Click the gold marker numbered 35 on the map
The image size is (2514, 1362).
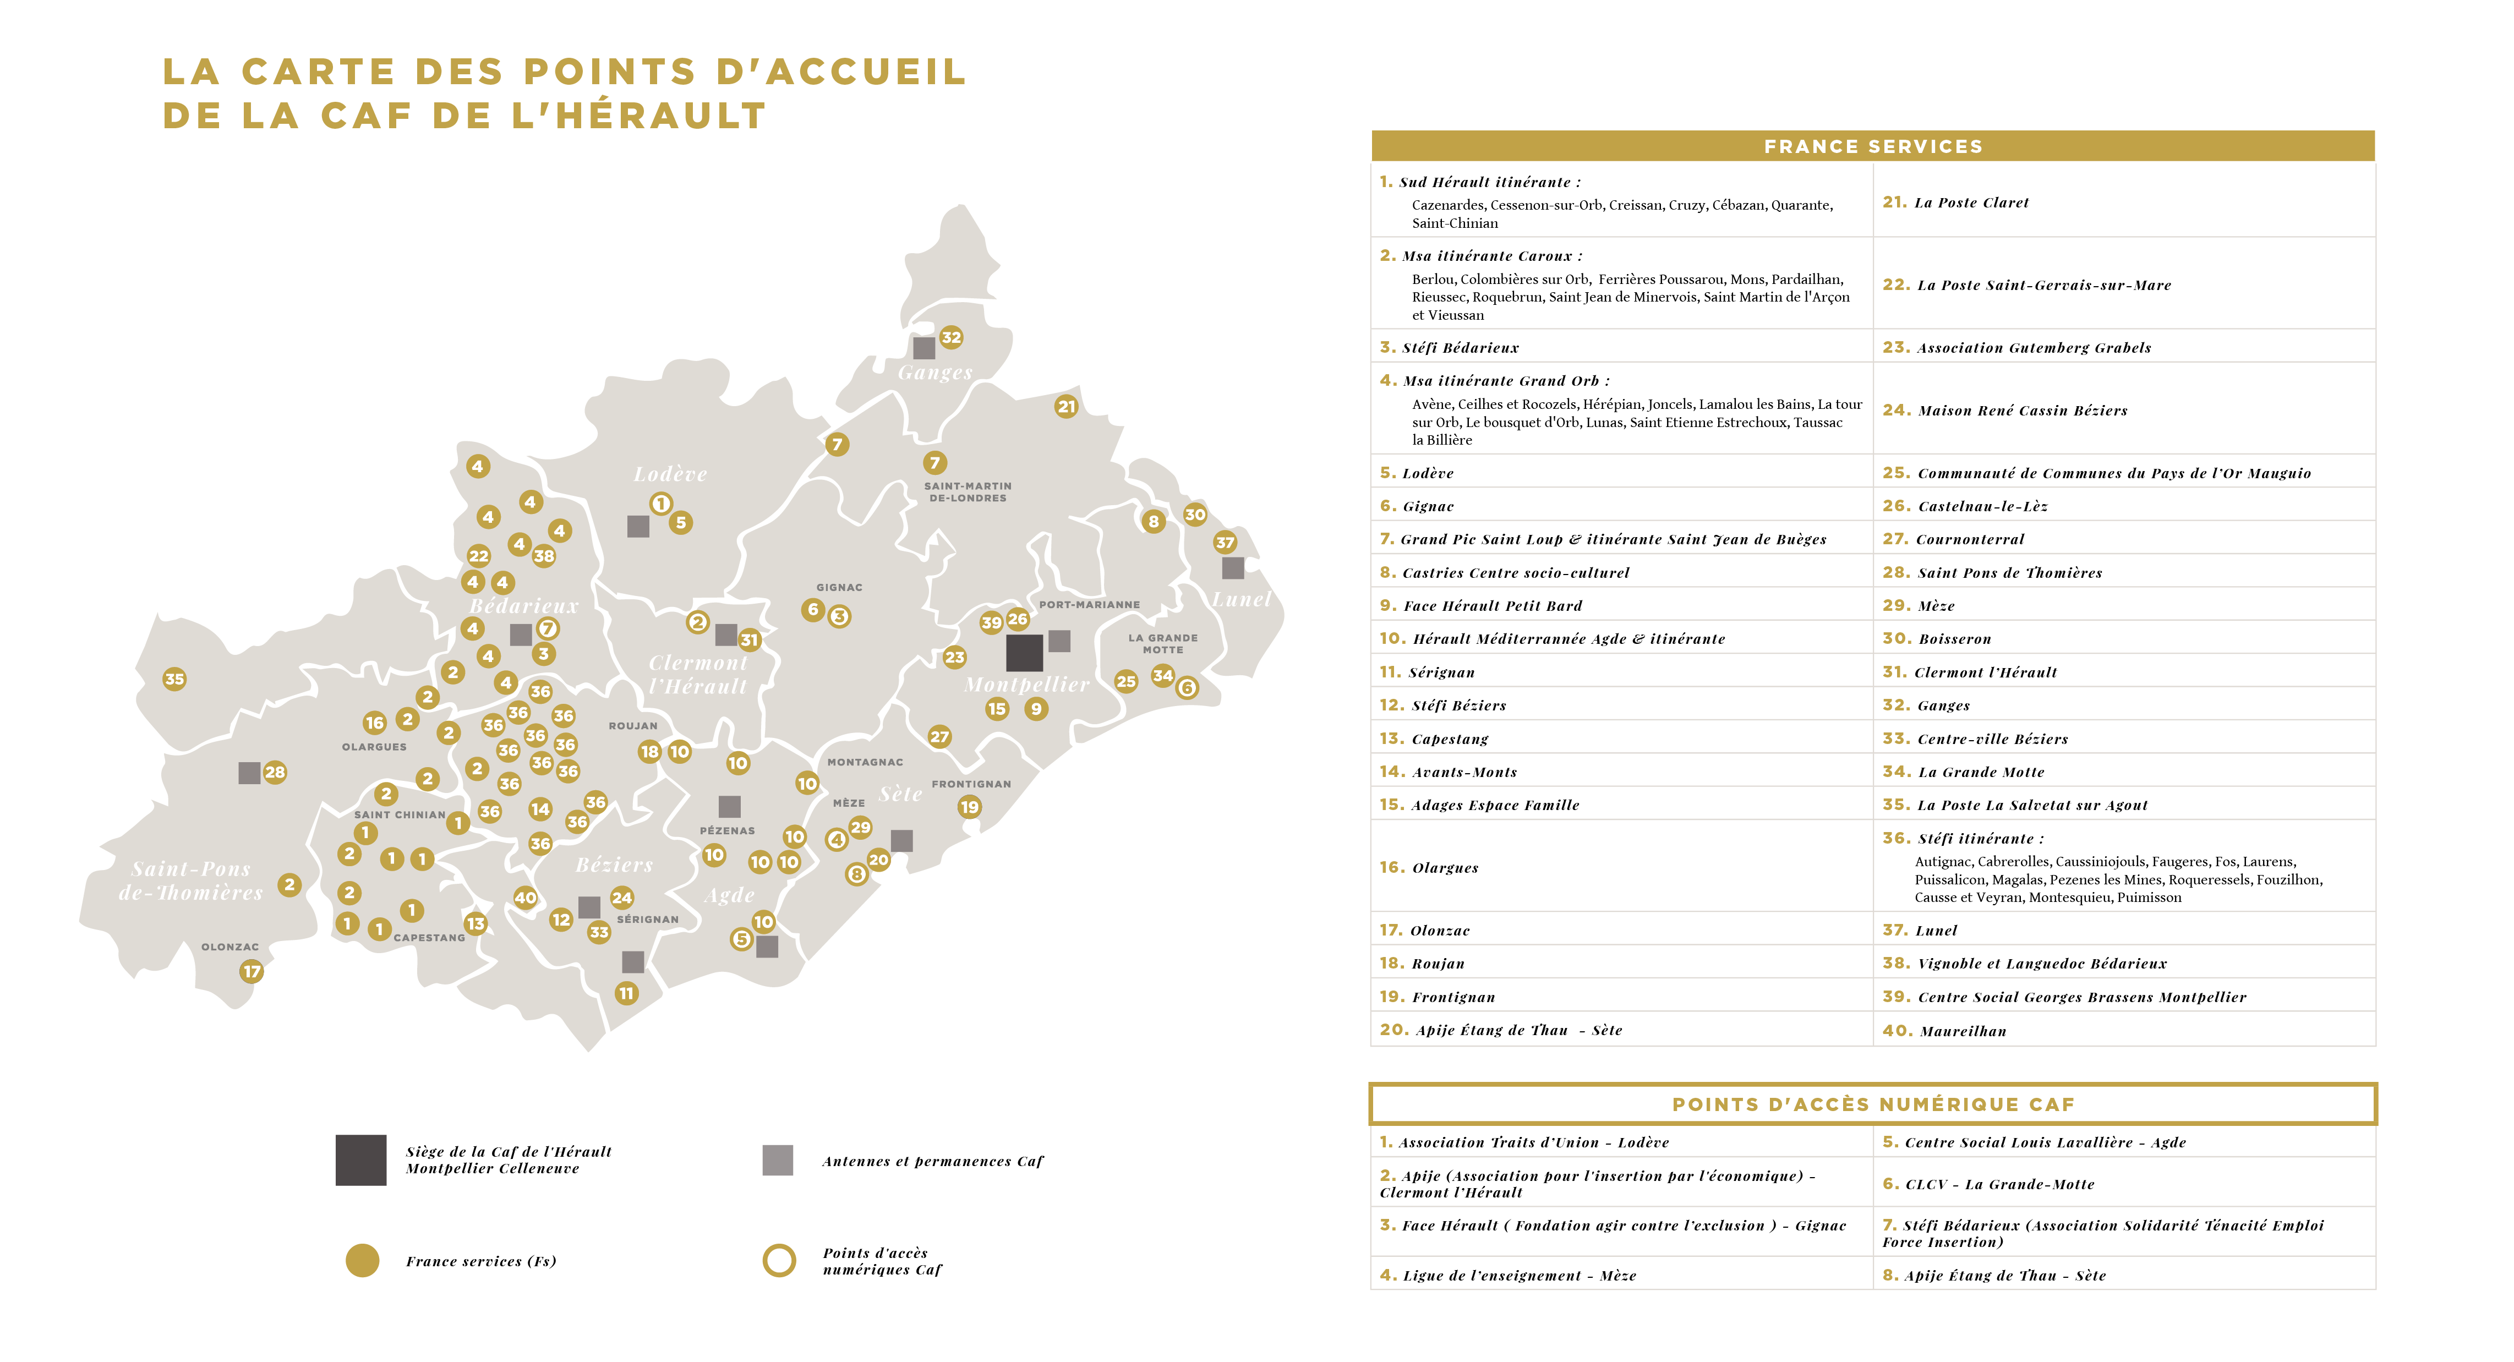(174, 679)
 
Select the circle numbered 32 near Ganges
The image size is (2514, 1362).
(952, 337)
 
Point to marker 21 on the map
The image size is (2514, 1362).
(1067, 406)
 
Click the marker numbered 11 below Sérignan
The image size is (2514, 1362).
(626, 993)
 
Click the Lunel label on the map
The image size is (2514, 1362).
(1242, 599)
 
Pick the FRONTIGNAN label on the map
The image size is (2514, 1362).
(971, 784)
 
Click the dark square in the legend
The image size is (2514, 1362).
(361, 1160)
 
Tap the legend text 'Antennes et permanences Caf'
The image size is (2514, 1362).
(932, 1161)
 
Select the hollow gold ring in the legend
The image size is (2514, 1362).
(779, 1261)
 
